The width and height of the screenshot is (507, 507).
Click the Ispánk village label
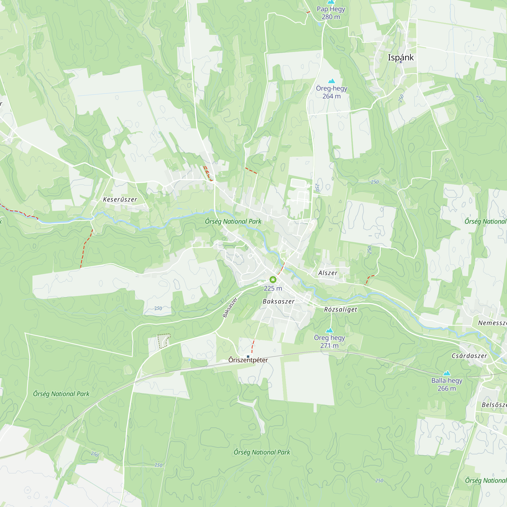coord(401,57)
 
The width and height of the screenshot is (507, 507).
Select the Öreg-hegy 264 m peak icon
coord(332,81)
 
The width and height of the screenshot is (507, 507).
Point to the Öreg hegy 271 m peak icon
coord(329,330)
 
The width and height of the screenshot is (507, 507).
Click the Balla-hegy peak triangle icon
coord(447,373)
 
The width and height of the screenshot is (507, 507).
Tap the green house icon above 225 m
coord(273,279)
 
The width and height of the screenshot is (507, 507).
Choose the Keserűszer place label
coord(120,200)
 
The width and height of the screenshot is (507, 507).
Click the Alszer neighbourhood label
coord(328,273)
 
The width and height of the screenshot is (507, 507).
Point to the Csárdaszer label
coord(469,356)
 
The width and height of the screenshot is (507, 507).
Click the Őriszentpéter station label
coord(248,360)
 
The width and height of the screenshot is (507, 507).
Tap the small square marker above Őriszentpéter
coord(248,357)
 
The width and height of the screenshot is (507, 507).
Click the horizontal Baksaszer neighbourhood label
coord(278,301)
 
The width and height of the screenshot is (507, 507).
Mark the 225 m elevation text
coord(273,288)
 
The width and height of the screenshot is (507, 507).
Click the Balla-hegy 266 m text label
coord(447,384)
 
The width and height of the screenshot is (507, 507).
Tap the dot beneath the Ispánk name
coord(401,62)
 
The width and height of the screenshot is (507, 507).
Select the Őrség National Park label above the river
coord(233,222)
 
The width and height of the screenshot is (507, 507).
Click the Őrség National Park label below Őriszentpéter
coord(262,452)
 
